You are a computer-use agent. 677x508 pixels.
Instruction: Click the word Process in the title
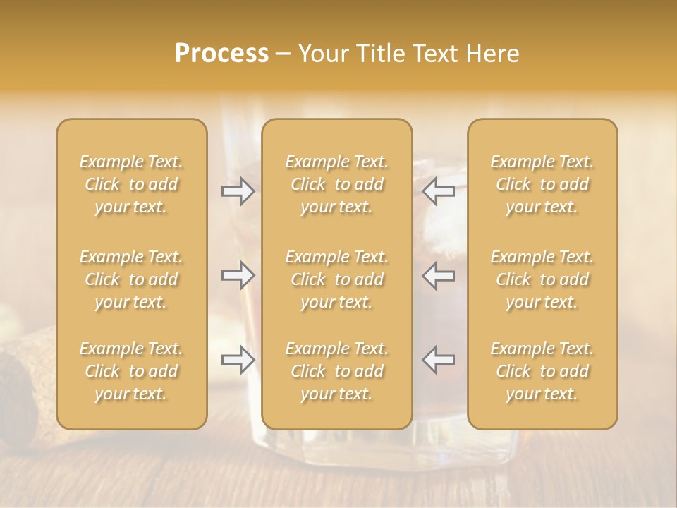(221, 54)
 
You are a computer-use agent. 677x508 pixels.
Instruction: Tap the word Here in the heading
(492, 54)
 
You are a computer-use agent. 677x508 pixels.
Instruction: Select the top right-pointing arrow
(238, 191)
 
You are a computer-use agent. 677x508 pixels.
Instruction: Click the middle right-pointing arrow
(238, 275)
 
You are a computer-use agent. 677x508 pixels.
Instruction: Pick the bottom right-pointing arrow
(238, 360)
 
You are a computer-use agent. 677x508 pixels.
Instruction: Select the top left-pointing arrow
(439, 191)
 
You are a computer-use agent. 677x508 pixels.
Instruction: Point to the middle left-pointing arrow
(439, 275)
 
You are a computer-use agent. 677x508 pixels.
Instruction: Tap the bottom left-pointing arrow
(439, 360)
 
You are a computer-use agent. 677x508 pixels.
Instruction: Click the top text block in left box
(131, 184)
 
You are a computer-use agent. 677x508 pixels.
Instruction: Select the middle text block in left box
(131, 279)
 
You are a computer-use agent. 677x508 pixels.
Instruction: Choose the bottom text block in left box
(131, 371)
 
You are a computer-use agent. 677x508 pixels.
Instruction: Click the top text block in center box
(337, 184)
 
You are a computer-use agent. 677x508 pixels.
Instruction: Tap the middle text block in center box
(337, 279)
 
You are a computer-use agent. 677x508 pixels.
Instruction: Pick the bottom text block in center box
(337, 371)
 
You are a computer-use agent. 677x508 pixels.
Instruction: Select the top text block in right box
(542, 184)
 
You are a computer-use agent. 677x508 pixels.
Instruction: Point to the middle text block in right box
(542, 279)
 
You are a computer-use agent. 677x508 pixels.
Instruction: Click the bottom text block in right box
(542, 371)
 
